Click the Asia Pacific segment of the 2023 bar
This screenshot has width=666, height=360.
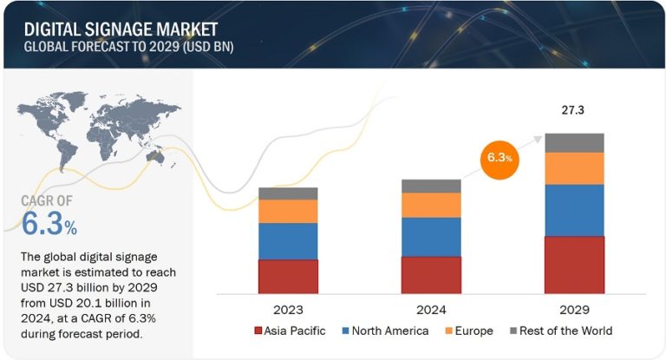[288, 276]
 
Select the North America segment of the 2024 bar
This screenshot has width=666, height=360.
[431, 237]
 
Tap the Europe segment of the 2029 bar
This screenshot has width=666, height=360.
[573, 168]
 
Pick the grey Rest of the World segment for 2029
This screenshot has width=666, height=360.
[573, 142]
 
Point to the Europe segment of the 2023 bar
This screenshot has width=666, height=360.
[288, 211]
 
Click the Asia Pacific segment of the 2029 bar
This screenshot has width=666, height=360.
[573, 265]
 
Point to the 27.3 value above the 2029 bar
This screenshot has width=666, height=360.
[573, 111]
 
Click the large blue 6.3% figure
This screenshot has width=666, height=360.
[49, 226]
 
